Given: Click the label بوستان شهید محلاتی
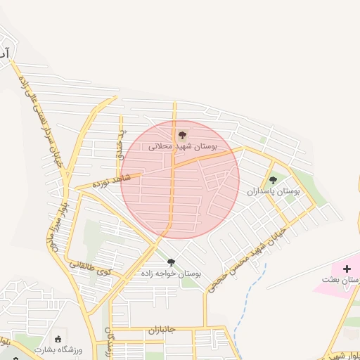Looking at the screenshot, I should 183,147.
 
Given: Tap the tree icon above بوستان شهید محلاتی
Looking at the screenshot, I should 182,134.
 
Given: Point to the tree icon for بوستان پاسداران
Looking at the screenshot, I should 273,180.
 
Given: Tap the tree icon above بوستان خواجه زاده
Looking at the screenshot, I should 171,262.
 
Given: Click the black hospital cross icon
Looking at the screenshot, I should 347,269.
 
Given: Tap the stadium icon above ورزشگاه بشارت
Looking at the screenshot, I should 58,340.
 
